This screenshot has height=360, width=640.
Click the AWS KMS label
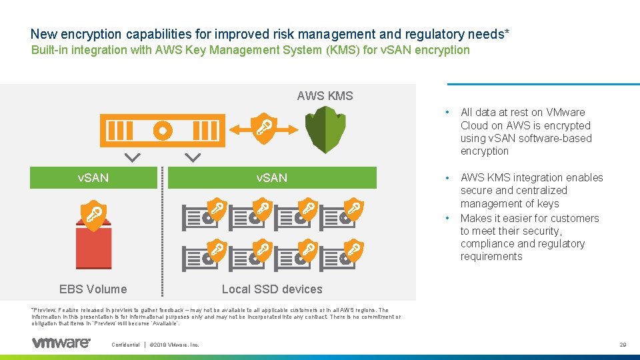(x=325, y=96)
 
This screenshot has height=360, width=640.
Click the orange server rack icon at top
(x=159, y=130)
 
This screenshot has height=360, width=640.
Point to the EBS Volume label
(x=93, y=289)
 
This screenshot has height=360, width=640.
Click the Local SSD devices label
(x=271, y=289)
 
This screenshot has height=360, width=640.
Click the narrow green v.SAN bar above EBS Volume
(x=93, y=178)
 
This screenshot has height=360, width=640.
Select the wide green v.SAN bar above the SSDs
(x=272, y=178)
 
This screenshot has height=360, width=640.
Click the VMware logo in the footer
(x=61, y=343)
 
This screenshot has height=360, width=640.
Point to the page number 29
(x=622, y=345)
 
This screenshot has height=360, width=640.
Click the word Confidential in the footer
(x=125, y=345)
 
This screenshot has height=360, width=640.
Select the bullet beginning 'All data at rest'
(x=525, y=131)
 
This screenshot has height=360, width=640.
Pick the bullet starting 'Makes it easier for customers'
(x=529, y=237)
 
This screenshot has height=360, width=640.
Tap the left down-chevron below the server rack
(x=133, y=158)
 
